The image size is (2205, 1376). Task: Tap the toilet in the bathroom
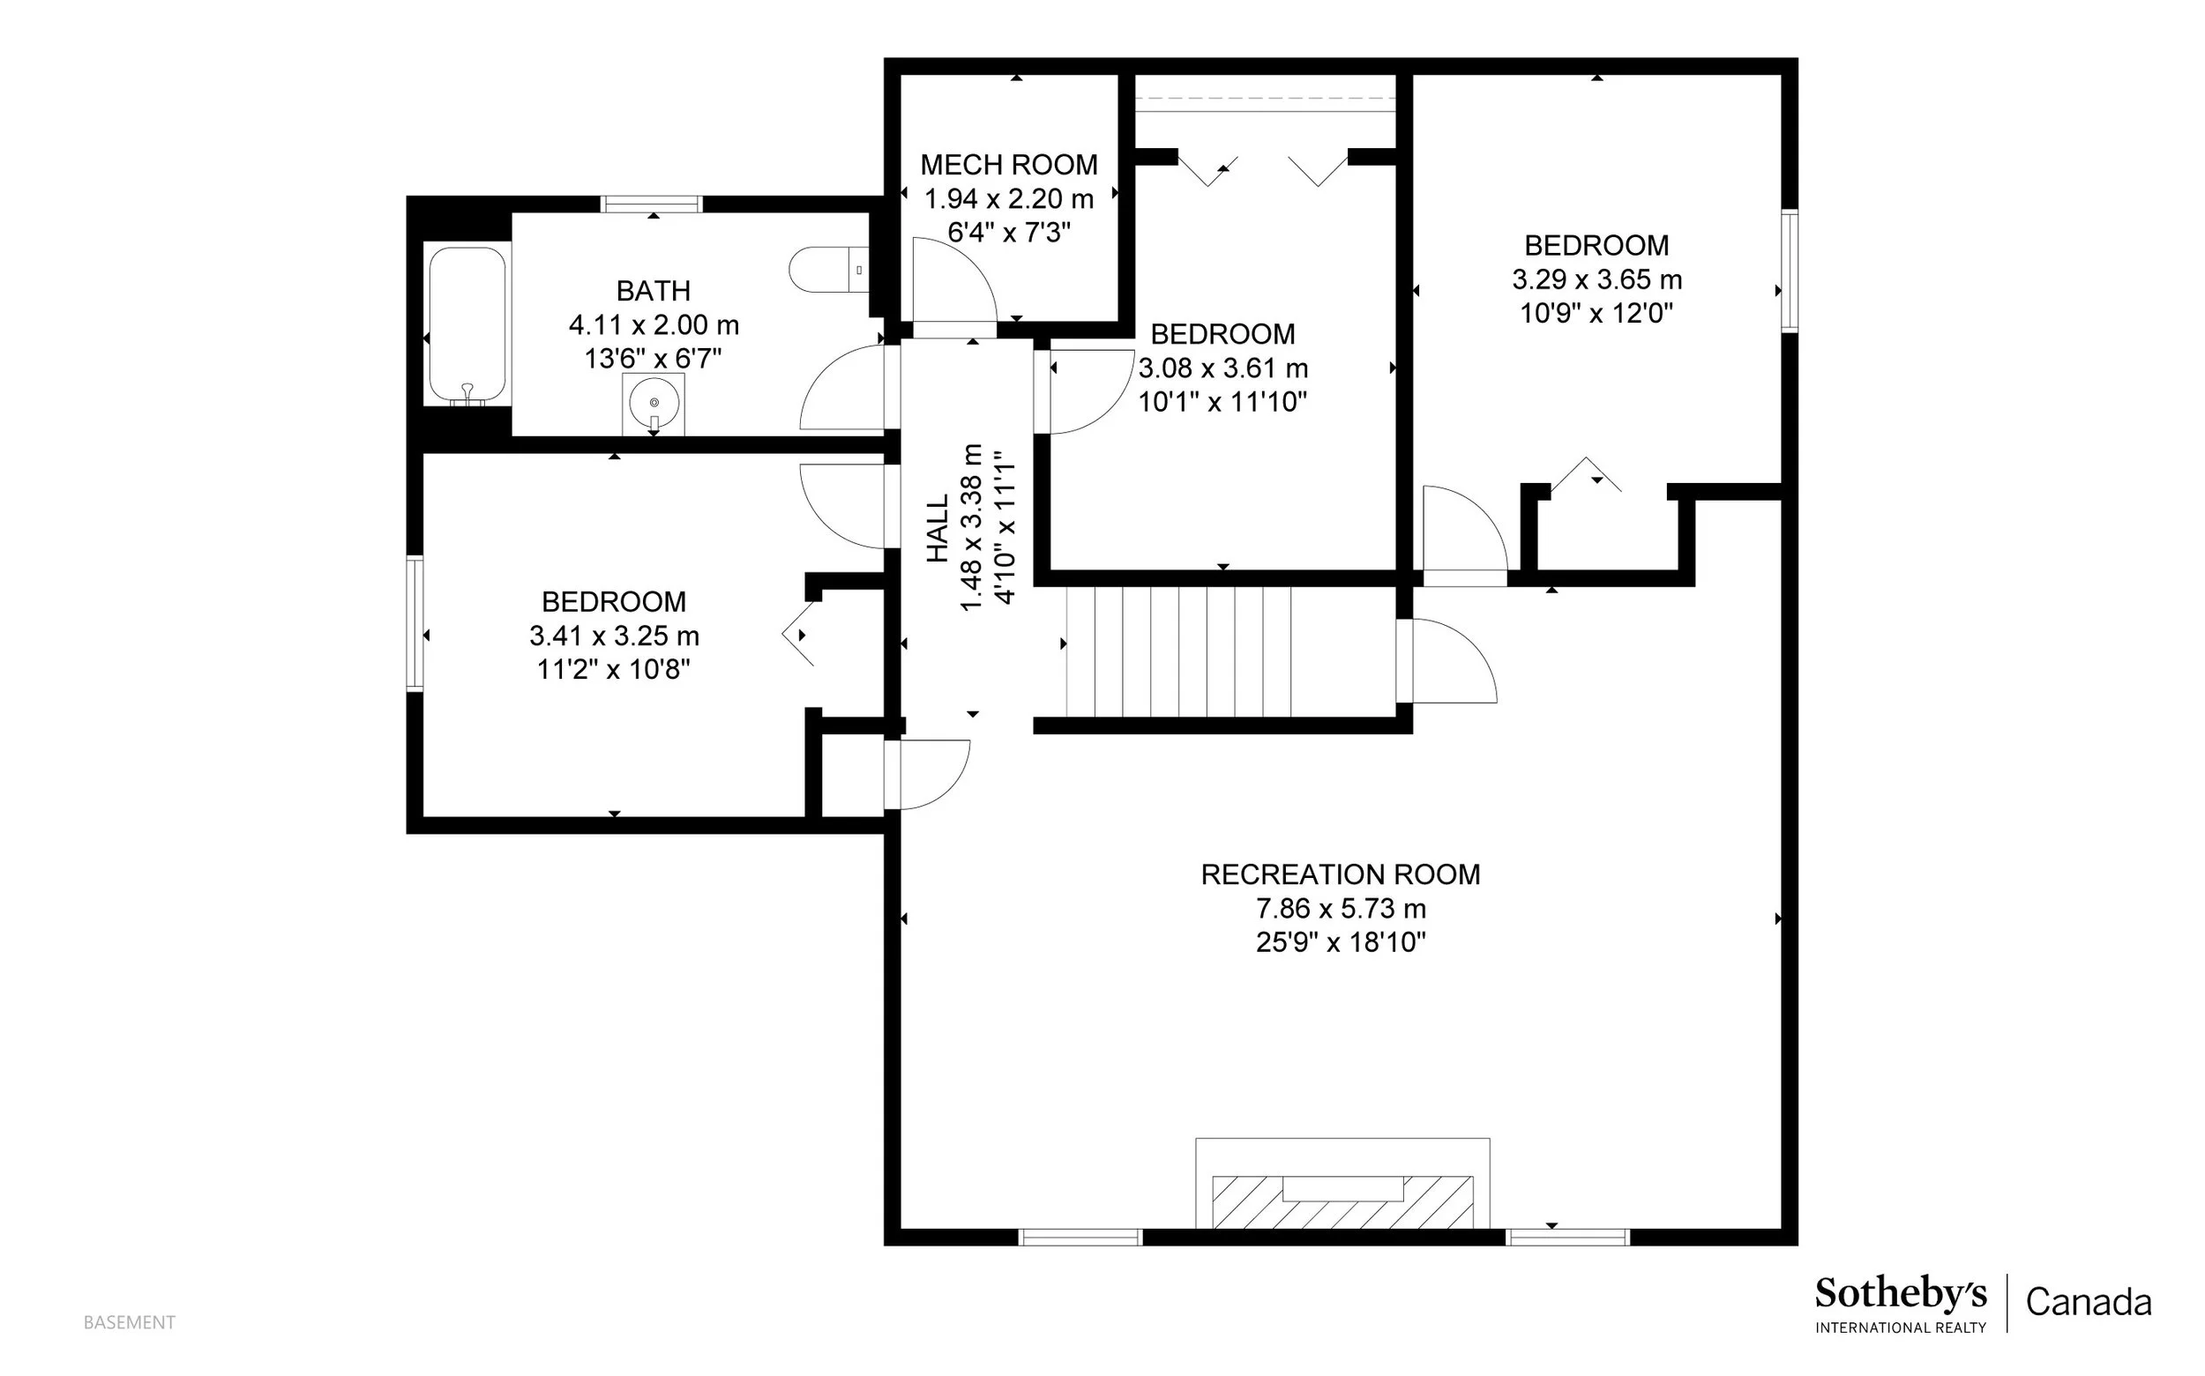(x=828, y=271)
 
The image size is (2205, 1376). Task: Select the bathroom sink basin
(x=654, y=403)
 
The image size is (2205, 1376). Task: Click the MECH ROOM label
(x=1009, y=165)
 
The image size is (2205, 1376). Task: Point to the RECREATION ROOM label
(x=1340, y=874)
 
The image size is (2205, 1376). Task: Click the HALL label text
(x=938, y=528)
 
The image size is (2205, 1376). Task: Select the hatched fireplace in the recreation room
(x=1343, y=1201)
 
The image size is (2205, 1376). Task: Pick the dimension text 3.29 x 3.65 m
(x=1596, y=279)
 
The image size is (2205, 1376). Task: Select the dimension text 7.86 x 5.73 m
(x=1340, y=908)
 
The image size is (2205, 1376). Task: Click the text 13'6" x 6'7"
(x=653, y=359)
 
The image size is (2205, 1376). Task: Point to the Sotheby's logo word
(x=1901, y=1294)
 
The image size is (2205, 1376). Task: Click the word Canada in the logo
(x=2089, y=1302)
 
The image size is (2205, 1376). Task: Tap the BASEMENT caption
(x=130, y=1322)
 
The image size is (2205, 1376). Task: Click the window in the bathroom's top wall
(x=652, y=204)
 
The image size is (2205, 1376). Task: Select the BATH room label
(x=653, y=291)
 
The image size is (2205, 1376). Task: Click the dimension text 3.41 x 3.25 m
(x=615, y=636)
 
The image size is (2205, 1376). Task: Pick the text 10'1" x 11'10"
(x=1222, y=401)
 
